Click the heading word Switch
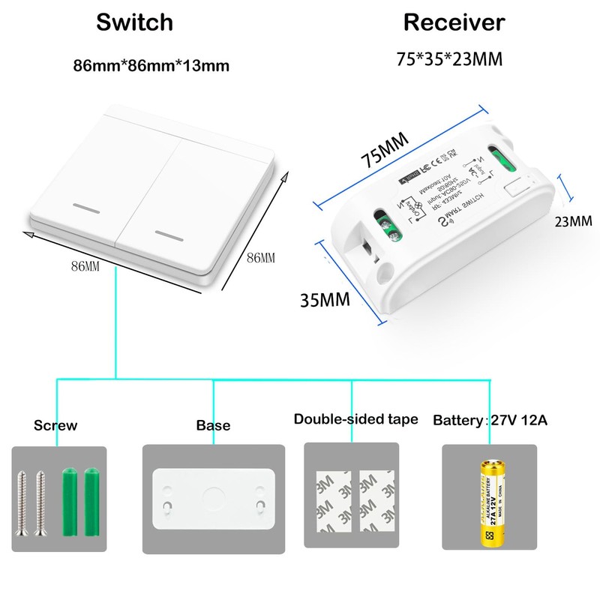[134, 22]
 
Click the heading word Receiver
[454, 22]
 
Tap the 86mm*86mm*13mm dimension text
[151, 65]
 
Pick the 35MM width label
[325, 301]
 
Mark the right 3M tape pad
[377, 500]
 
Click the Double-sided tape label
[355, 419]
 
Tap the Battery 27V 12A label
[490, 420]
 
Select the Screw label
[55, 425]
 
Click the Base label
[213, 425]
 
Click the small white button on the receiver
[516, 188]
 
